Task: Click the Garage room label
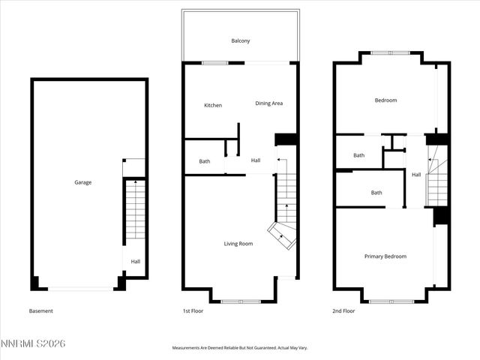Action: click(82, 182)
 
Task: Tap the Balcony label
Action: click(240, 41)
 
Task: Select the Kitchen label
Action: click(213, 105)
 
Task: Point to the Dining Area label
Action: click(268, 103)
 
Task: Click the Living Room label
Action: click(238, 244)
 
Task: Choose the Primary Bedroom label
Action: click(385, 256)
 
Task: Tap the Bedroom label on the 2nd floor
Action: click(385, 100)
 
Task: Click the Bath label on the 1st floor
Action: click(205, 161)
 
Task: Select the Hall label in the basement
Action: click(136, 262)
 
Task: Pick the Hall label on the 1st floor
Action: click(256, 160)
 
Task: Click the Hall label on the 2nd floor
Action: click(416, 175)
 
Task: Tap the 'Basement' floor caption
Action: click(41, 311)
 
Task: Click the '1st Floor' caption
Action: click(193, 311)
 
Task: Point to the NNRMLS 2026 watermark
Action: click(34, 343)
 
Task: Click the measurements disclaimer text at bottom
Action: click(240, 348)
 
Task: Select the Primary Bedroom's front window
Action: click(391, 301)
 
